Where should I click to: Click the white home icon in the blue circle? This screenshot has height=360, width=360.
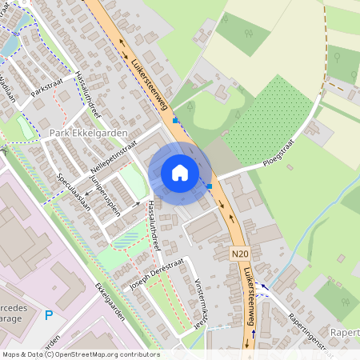click(179, 172)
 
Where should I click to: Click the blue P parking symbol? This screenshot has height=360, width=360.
click(49, 315)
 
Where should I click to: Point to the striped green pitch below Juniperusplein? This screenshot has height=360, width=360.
click(126, 237)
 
